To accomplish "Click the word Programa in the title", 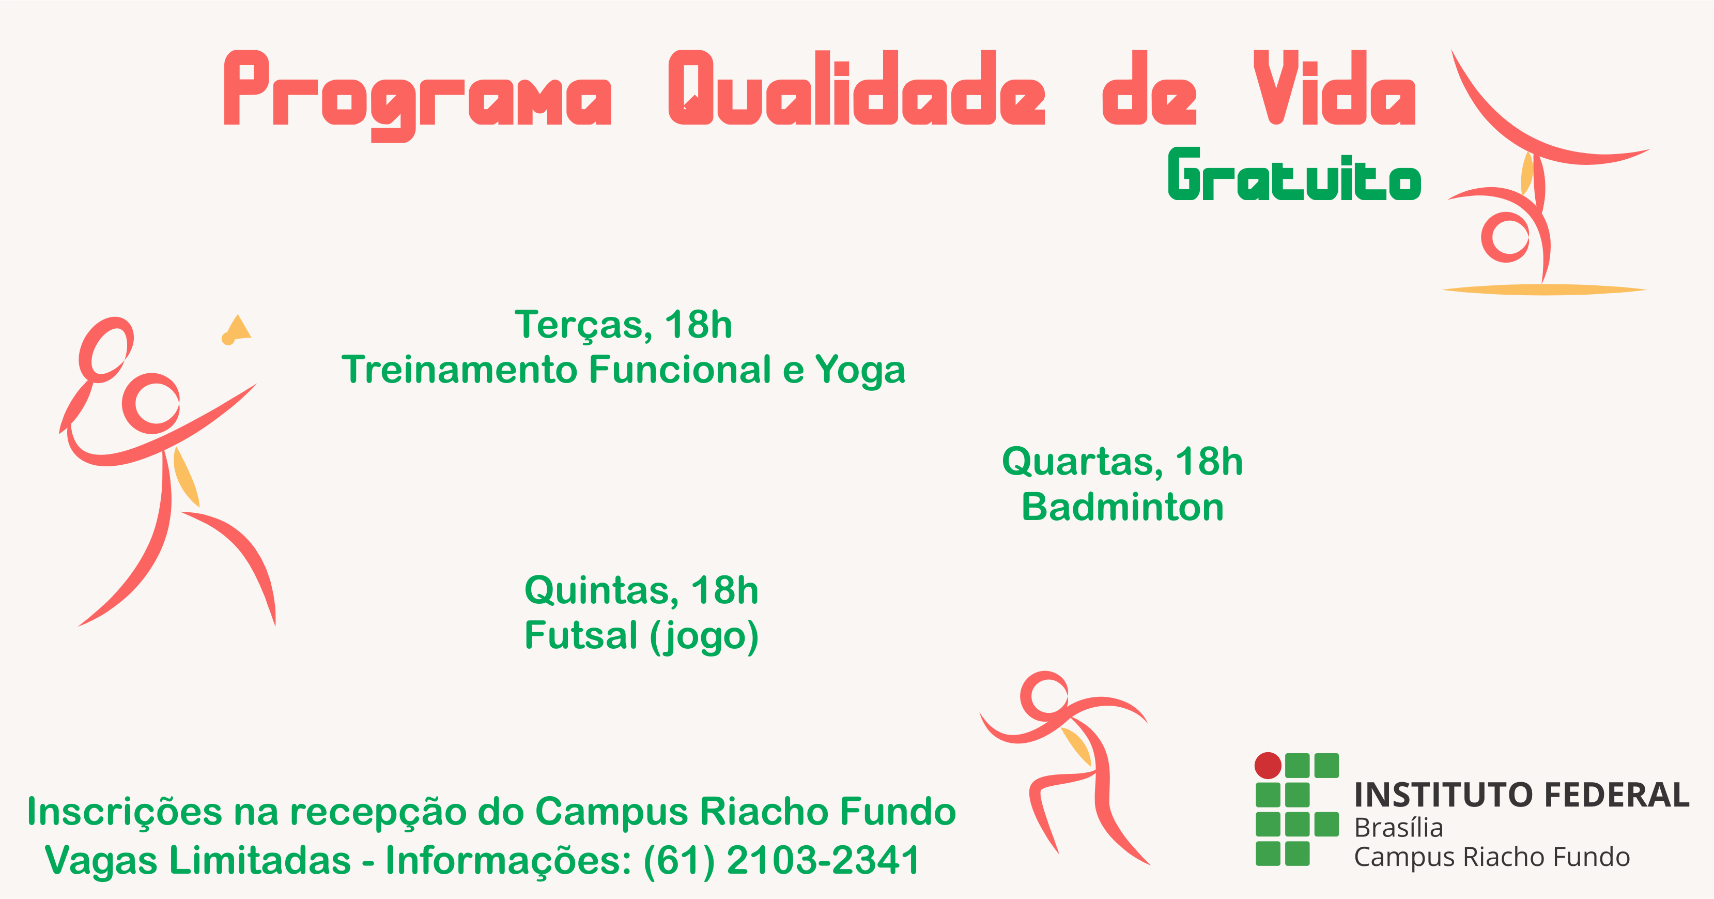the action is (417, 93).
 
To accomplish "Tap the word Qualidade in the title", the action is (857, 88).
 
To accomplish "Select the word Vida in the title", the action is (1335, 88).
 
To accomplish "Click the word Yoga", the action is (860, 371).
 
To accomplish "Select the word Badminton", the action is (1122, 507).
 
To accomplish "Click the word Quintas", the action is (601, 591).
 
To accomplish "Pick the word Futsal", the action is (581, 635).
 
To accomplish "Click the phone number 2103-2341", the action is (823, 860).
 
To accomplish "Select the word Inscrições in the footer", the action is (125, 813).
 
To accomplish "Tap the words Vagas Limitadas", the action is (197, 860).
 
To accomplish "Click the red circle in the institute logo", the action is (1268, 765).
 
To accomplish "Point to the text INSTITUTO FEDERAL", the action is (1522, 795).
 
